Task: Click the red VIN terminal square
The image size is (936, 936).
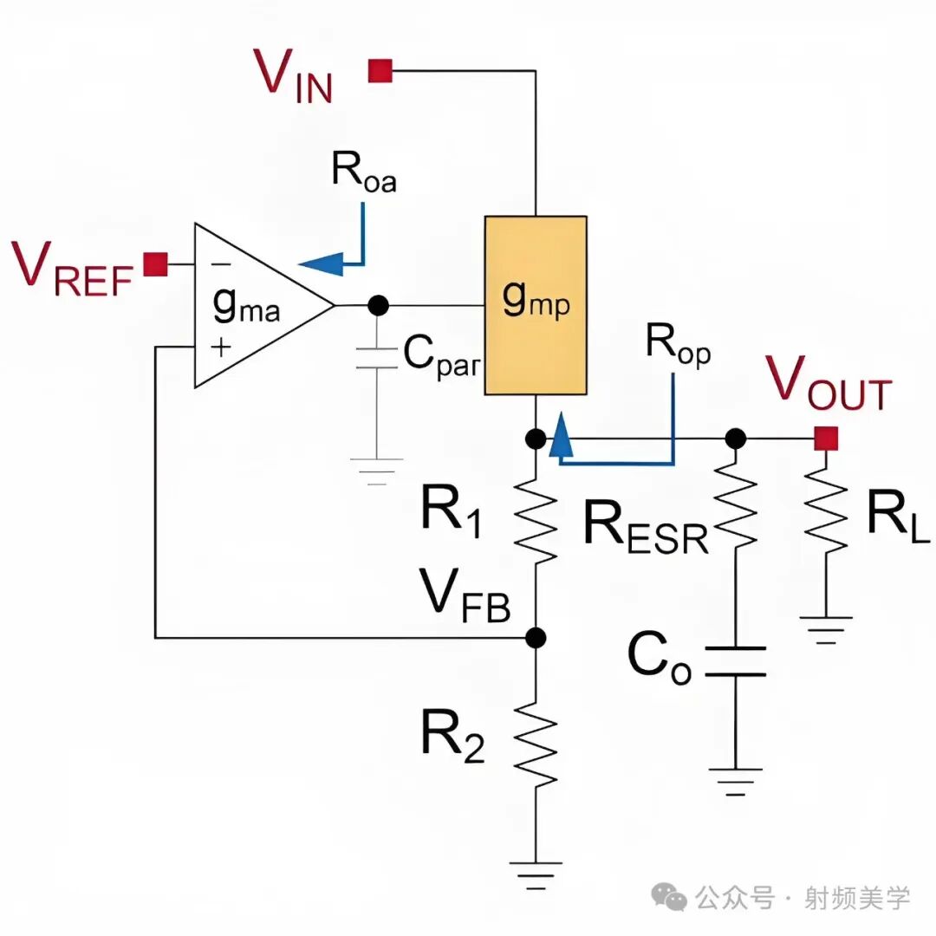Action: coord(380,70)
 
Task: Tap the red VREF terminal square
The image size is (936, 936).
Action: coord(156,263)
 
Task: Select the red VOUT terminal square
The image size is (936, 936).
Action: coord(826,439)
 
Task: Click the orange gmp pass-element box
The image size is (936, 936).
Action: coord(536,305)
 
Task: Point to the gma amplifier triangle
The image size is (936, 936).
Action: coord(250,306)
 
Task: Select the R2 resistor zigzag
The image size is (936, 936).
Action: coord(536,744)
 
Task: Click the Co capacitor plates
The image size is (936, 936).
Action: coord(736,661)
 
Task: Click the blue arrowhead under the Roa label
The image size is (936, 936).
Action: coord(322,263)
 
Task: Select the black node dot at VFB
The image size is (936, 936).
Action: coord(536,638)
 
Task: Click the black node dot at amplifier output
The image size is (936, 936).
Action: coord(378,305)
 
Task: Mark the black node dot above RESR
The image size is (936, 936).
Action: coord(736,439)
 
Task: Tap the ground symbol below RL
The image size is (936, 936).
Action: coord(826,630)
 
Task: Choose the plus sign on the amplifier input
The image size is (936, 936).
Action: coord(221,347)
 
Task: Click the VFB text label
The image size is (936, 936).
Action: coord(465,595)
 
